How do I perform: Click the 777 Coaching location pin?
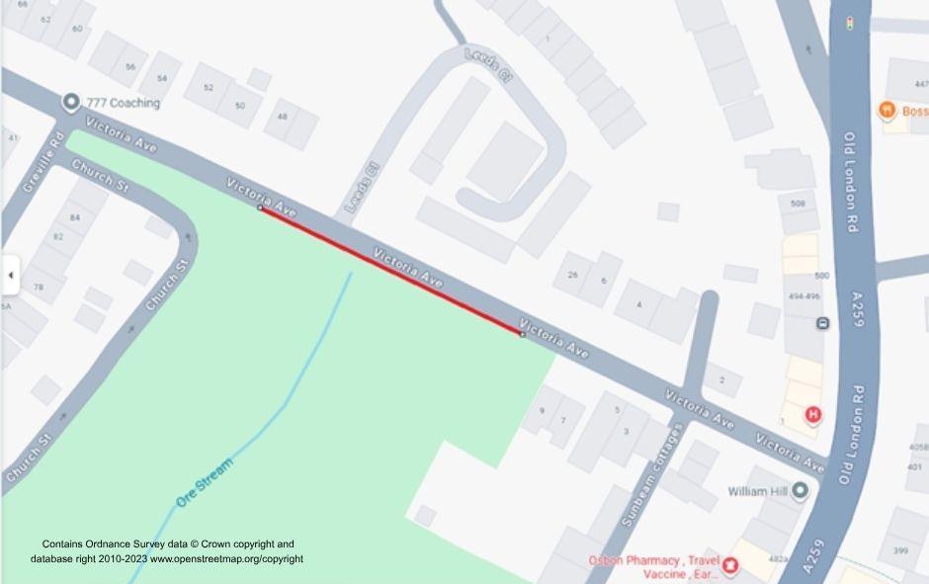70,103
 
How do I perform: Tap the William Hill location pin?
799,491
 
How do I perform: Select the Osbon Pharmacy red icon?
730,565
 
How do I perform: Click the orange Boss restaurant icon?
887,110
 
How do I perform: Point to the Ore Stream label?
205,482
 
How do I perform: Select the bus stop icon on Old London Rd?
822,324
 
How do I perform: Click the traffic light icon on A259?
849,23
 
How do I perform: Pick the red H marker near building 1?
813,415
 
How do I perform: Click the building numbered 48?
284,117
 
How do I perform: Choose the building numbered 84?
74,216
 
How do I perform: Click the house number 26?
572,275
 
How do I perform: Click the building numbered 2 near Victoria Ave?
722,379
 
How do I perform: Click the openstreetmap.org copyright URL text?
226,559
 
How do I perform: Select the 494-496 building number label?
804,295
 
